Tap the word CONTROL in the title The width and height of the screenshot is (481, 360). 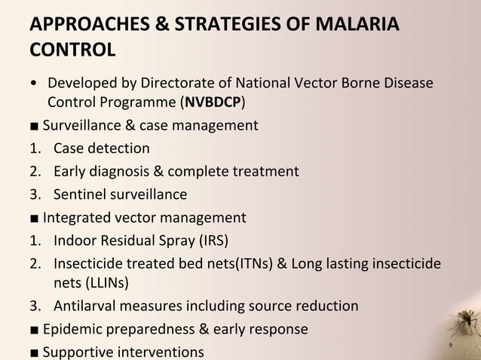[72, 52]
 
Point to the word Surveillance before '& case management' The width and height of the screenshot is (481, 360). [80, 125]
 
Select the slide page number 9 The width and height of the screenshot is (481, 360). [450, 346]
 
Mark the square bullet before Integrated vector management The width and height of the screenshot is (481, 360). [35, 219]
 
